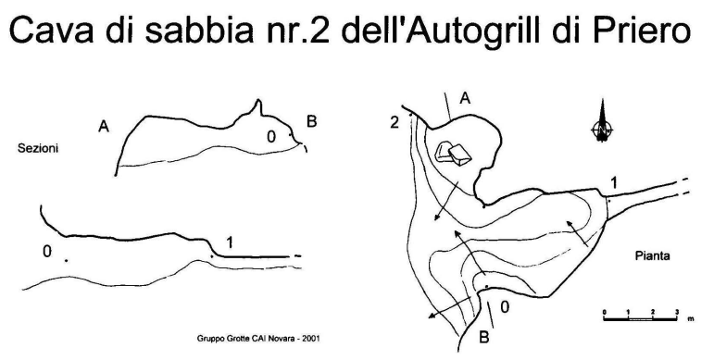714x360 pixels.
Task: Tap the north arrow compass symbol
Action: pos(603,121)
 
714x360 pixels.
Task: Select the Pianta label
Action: pos(653,255)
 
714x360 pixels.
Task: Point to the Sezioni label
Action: pos(38,148)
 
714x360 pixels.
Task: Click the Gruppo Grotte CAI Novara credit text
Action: pos(258,339)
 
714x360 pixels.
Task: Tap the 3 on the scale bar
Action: pos(677,312)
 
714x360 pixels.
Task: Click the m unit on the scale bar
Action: pos(691,319)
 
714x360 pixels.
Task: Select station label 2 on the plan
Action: pos(395,123)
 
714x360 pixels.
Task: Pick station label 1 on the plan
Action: pos(614,183)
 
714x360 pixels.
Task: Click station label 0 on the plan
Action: pos(505,307)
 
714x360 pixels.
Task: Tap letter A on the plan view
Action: pos(465,98)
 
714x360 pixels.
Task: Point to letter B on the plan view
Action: pos(484,338)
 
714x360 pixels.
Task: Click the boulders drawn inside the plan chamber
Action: pos(452,153)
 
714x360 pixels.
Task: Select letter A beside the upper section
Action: pos(104,126)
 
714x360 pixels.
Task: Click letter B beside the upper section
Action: pos(311,122)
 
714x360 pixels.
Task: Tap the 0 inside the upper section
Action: pos(271,137)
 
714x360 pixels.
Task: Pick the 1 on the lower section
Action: pos(230,243)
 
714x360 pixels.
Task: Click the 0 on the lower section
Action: pos(47,251)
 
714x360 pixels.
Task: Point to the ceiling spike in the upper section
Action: pos(258,106)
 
